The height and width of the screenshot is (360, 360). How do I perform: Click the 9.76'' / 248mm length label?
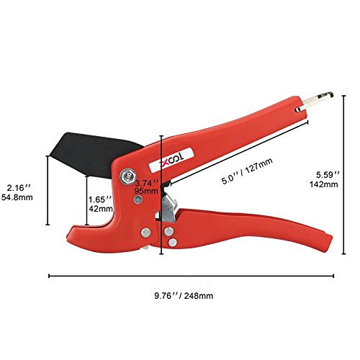pos(184,296)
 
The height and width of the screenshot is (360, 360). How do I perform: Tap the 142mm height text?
pos(323,184)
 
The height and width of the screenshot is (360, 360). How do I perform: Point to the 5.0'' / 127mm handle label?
pos(247,171)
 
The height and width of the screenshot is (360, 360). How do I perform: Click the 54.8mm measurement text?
pos(17,197)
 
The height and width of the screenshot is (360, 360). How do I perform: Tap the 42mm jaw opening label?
pos(101,209)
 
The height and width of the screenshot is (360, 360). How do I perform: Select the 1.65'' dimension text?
pos(100,199)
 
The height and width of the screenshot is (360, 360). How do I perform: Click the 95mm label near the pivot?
pos(146,191)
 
